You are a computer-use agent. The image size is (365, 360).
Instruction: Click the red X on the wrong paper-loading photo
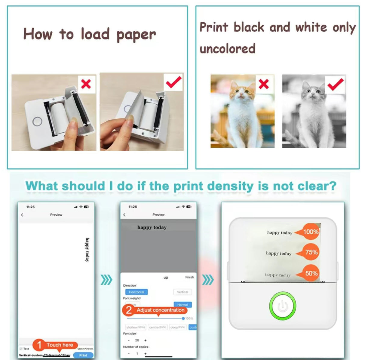(x=86, y=84)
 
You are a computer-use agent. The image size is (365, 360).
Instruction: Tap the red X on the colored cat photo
(x=264, y=84)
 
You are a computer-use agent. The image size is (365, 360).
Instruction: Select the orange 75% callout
(x=310, y=252)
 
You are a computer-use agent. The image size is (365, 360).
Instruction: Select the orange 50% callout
(x=310, y=273)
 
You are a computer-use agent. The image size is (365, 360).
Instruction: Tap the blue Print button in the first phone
(x=83, y=355)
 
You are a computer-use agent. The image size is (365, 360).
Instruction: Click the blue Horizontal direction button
(x=136, y=292)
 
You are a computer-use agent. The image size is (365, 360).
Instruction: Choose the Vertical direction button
(x=182, y=292)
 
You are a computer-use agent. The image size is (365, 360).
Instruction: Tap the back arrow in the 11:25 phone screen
(x=22, y=215)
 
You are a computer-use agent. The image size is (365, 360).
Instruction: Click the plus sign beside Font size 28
(x=146, y=340)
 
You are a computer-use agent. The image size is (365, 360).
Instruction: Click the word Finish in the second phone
(x=189, y=277)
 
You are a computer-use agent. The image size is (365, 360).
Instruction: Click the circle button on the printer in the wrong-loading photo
(x=37, y=122)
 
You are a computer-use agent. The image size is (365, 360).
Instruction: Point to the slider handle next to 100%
(x=183, y=318)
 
